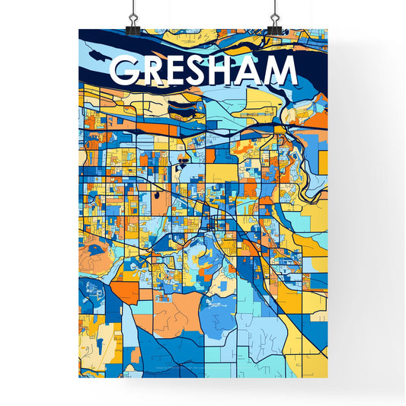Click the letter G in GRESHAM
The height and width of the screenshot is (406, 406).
[x=125, y=71]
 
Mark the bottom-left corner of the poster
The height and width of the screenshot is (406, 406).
[x=80, y=379]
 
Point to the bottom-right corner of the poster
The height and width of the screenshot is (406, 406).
[x=328, y=379]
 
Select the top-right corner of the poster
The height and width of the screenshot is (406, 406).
[x=328, y=30]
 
